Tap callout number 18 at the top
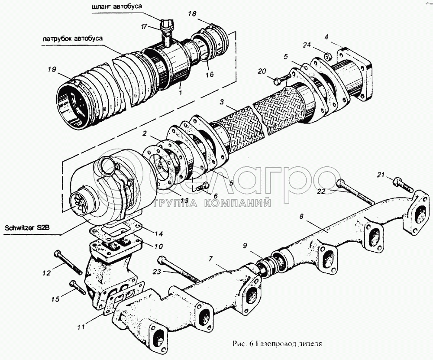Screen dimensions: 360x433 (192, 14)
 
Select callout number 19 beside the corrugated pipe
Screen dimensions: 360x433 (52, 69)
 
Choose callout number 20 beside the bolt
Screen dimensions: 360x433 (262, 71)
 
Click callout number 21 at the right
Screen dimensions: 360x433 (380, 175)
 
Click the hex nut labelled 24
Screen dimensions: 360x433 (328, 56)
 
